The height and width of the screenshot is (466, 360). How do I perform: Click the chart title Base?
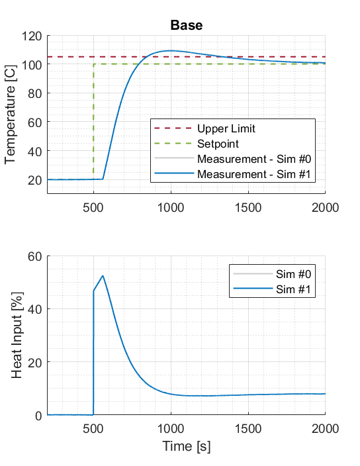click(x=186, y=26)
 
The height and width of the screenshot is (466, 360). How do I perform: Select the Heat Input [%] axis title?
click(x=19, y=337)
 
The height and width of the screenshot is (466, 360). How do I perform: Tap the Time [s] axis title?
click(x=186, y=447)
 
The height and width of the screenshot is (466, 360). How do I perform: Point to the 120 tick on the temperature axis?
click(x=32, y=36)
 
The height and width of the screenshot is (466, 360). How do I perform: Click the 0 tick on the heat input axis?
click(x=38, y=416)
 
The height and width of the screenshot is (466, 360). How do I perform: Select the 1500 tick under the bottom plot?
click(x=248, y=429)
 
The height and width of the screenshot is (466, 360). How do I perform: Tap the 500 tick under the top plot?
click(x=93, y=207)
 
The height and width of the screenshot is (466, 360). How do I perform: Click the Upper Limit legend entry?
click(x=226, y=128)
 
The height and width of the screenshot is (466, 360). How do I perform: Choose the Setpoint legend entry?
click(x=218, y=143)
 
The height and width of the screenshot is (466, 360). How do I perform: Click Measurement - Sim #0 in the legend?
click(x=254, y=158)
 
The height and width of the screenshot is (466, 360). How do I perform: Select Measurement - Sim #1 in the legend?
click(x=254, y=173)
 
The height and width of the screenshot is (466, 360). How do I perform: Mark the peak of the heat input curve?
click(x=103, y=275)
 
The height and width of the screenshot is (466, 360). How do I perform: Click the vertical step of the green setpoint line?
click(x=93, y=119)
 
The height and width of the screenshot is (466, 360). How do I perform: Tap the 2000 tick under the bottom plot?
click(x=325, y=429)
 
